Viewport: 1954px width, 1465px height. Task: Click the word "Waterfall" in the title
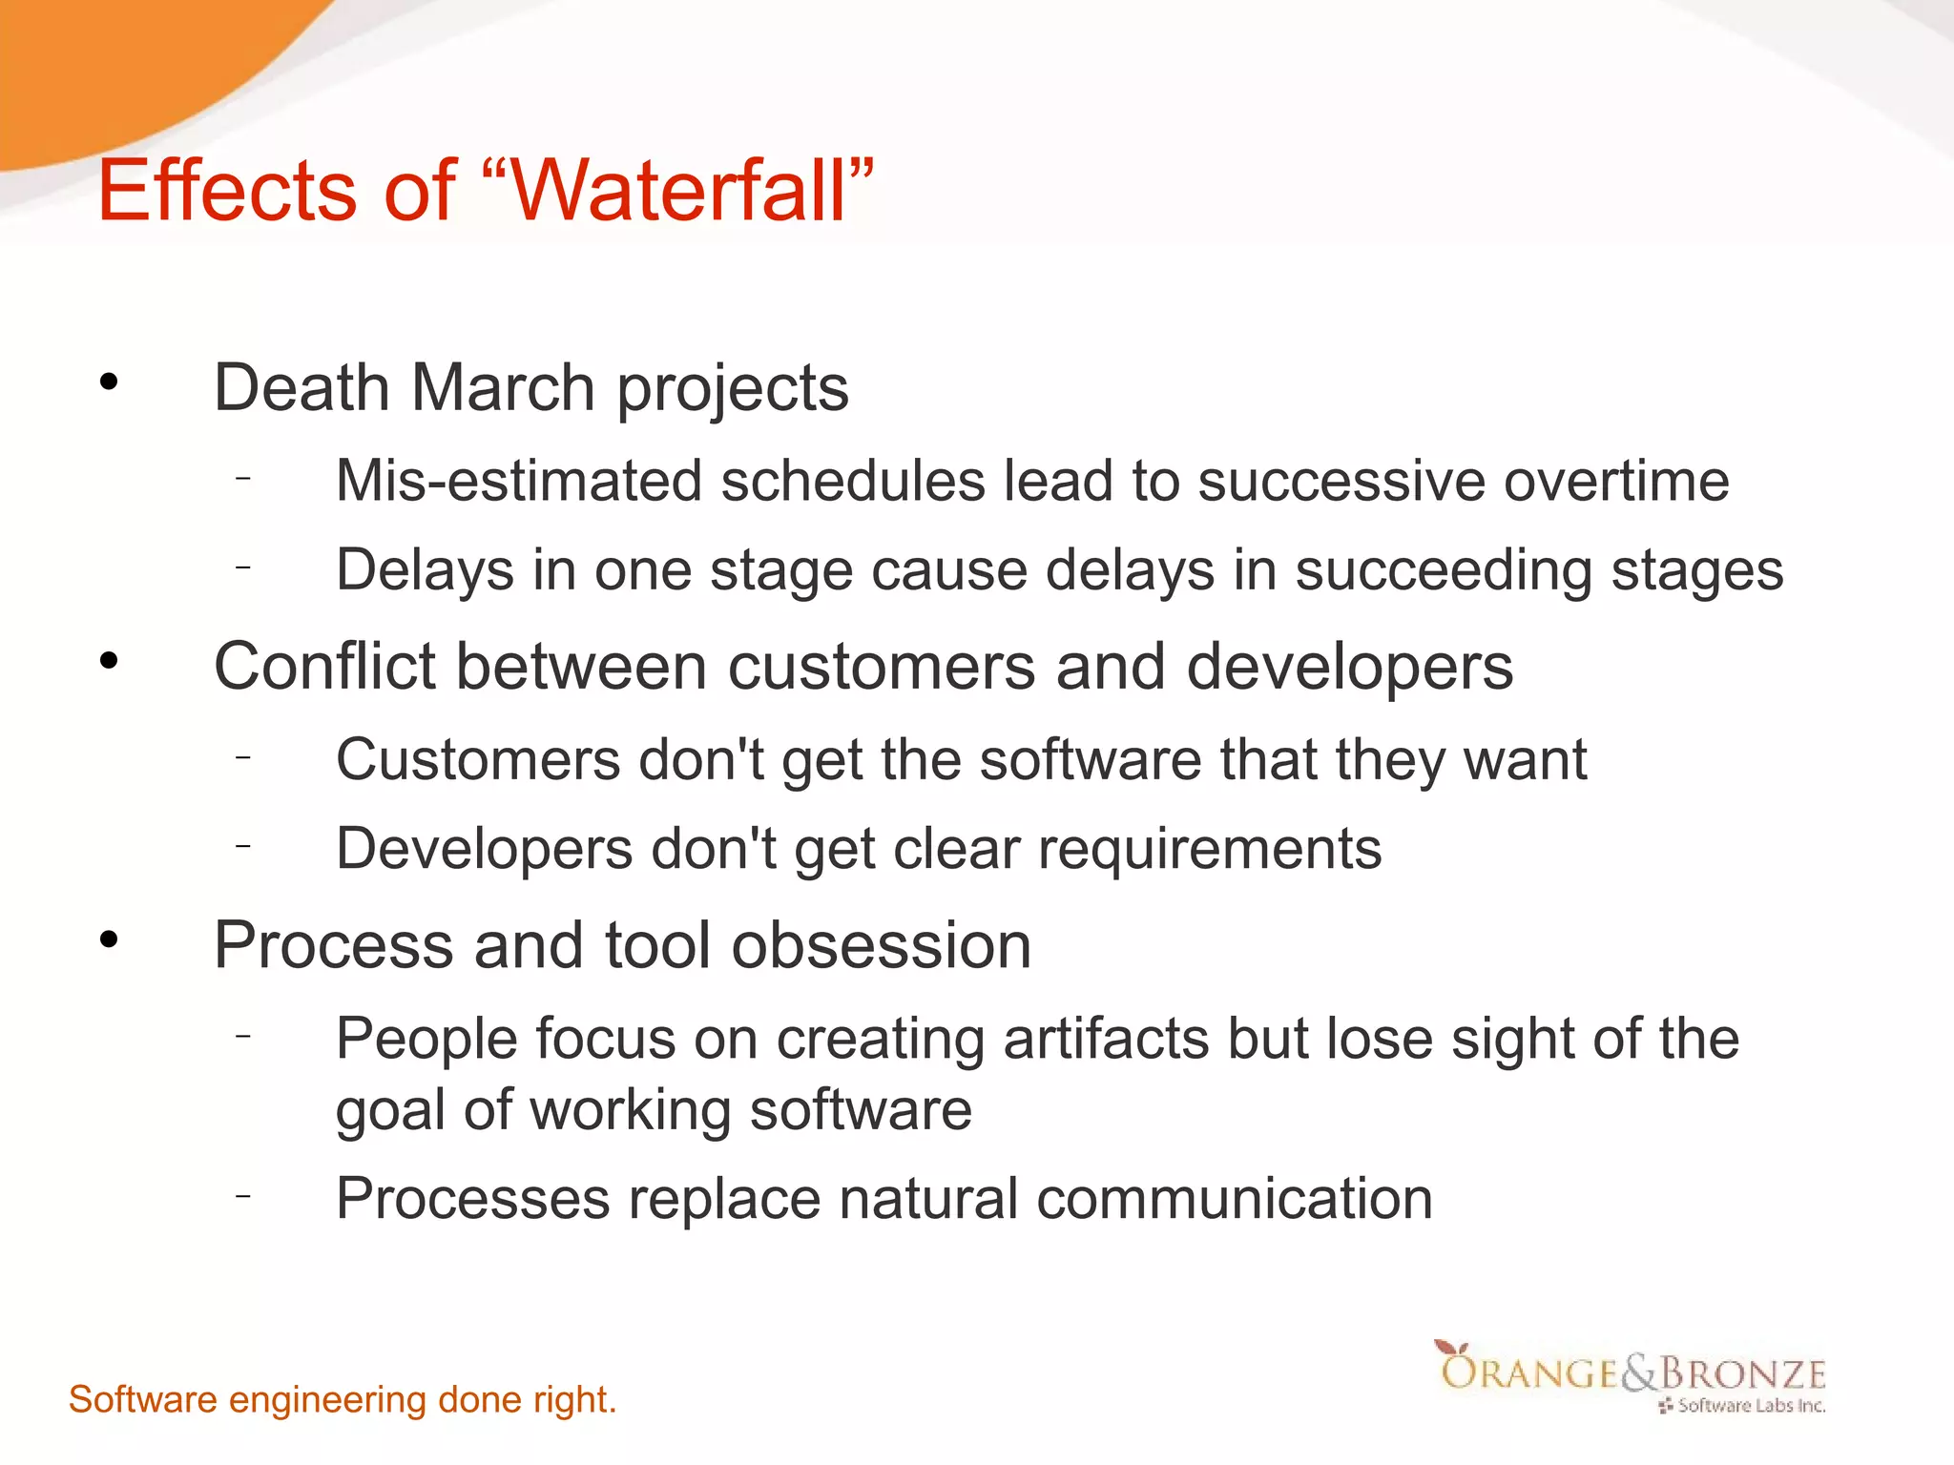[678, 191]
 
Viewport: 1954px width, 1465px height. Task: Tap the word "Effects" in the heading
[227, 191]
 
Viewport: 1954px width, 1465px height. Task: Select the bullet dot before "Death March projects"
[110, 382]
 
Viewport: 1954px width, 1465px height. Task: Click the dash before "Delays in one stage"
[244, 567]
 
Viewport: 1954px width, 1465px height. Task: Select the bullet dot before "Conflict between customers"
[110, 660]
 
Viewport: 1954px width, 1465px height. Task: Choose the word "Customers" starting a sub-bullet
[478, 759]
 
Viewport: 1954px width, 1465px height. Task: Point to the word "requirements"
[1210, 849]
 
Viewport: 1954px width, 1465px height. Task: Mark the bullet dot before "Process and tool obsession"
[110, 939]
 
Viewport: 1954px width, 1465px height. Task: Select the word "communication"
[1235, 1198]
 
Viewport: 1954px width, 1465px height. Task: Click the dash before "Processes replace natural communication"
[244, 1195]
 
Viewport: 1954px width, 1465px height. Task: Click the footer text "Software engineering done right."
[343, 1400]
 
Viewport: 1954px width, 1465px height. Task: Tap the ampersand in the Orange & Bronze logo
[1639, 1373]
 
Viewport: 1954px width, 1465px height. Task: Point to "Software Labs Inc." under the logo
[1751, 1406]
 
